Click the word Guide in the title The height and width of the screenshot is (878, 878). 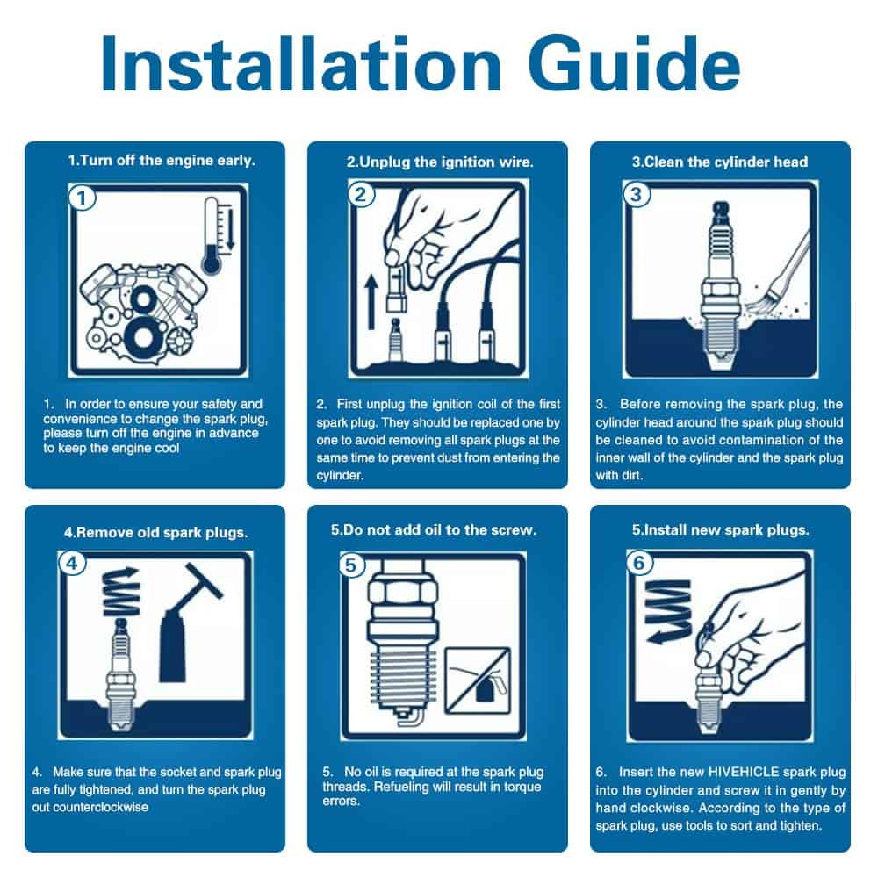click(x=634, y=62)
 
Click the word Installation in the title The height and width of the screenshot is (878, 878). click(x=301, y=62)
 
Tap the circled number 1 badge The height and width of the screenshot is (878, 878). click(x=82, y=198)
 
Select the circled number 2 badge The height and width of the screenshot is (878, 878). click(x=361, y=194)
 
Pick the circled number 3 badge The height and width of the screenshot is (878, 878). click(x=636, y=194)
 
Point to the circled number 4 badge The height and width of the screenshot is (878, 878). click(x=72, y=563)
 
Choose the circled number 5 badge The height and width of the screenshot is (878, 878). click(x=351, y=565)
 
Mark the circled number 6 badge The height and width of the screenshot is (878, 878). click(x=639, y=563)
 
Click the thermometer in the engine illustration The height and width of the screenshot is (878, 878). click(x=212, y=235)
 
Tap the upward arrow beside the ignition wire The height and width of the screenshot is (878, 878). click(x=371, y=301)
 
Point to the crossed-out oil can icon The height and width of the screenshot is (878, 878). click(x=478, y=681)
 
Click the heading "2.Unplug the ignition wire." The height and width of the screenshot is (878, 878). click(x=440, y=162)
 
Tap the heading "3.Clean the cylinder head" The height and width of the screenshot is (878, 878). click(x=720, y=162)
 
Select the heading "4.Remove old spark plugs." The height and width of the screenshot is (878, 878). click(x=155, y=533)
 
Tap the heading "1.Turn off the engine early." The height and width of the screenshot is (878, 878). click(x=162, y=161)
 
